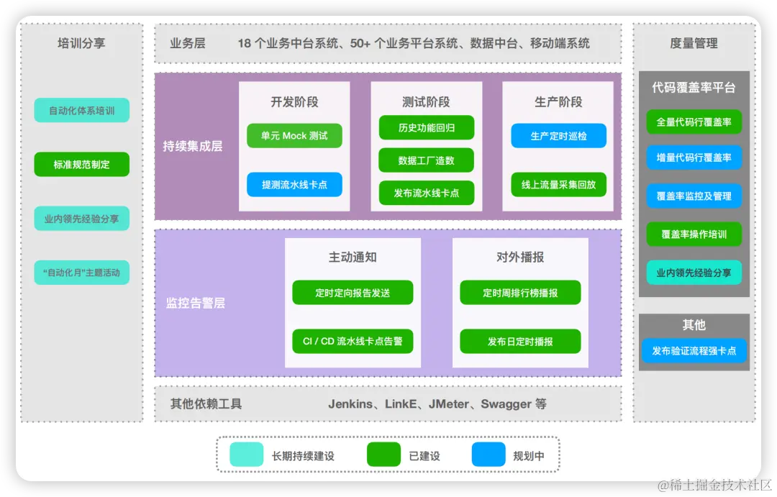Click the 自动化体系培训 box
click(81, 111)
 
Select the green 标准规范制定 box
click(81, 165)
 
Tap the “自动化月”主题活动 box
click(81, 273)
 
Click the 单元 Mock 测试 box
click(294, 136)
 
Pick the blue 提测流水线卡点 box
click(294, 185)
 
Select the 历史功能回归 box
click(427, 128)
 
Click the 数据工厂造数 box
click(427, 160)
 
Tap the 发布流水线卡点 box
click(427, 193)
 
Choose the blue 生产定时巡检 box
click(558, 136)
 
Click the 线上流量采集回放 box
click(558, 185)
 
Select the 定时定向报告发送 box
click(353, 293)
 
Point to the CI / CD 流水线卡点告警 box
click(353, 341)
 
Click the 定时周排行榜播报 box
click(520, 293)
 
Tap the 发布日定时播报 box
click(520, 341)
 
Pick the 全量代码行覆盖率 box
click(694, 122)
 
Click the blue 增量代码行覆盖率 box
click(694, 158)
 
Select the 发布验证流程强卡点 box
click(694, 351)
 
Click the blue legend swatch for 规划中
click(489, 455)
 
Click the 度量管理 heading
click(694, 44)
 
